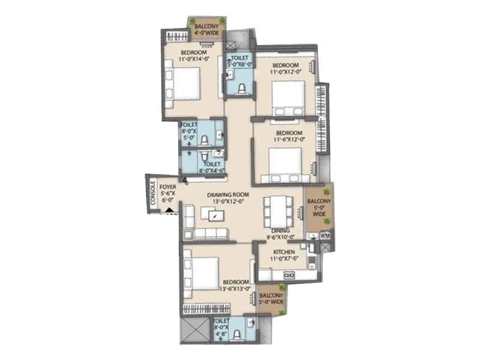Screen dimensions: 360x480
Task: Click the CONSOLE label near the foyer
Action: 152,194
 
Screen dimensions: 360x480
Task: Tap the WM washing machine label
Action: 325,236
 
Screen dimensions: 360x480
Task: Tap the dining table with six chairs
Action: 278,212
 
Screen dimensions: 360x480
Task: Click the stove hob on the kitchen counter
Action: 289,275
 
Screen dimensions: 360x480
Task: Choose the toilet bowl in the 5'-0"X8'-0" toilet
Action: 241,89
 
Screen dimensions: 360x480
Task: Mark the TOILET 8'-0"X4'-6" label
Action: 212,166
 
